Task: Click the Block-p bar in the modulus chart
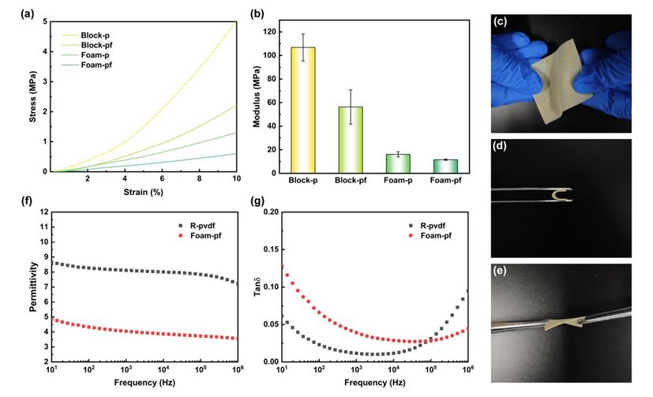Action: [x=303, y=110]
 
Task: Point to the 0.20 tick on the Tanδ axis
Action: [x=270, y=212]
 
